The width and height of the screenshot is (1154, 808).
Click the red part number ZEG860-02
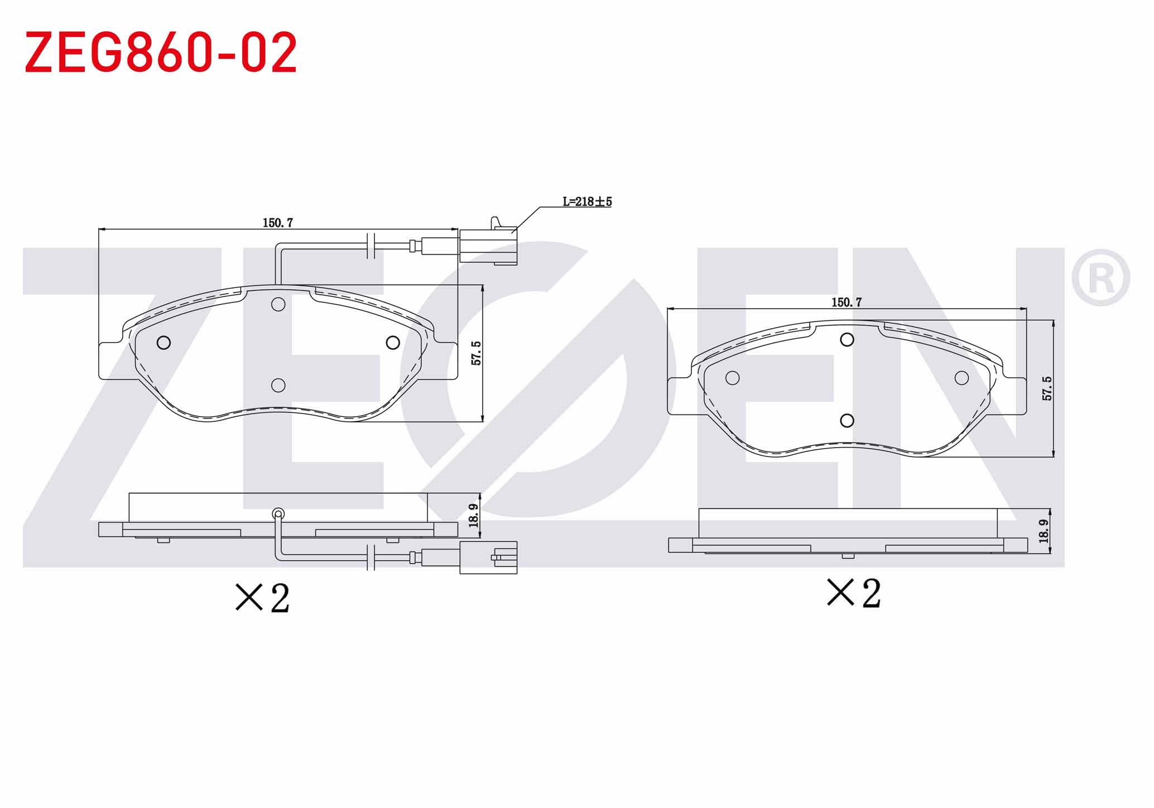coord(161,52)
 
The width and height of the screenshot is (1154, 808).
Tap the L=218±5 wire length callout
coord(587,201)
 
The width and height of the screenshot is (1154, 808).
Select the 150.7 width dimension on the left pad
coord(278,223)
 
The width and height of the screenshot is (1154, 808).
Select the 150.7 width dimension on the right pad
coord(847,302)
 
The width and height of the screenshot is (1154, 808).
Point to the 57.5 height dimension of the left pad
coord(476,353)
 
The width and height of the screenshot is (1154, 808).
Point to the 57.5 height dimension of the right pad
coord(1047,388)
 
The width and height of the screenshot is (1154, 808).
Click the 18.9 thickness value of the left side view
coord(474,515)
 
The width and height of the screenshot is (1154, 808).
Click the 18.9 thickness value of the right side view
coord(1044,531)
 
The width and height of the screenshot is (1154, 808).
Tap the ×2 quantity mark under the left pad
coord(262,598)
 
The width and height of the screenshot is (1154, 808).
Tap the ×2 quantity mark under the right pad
coord(854,593)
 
